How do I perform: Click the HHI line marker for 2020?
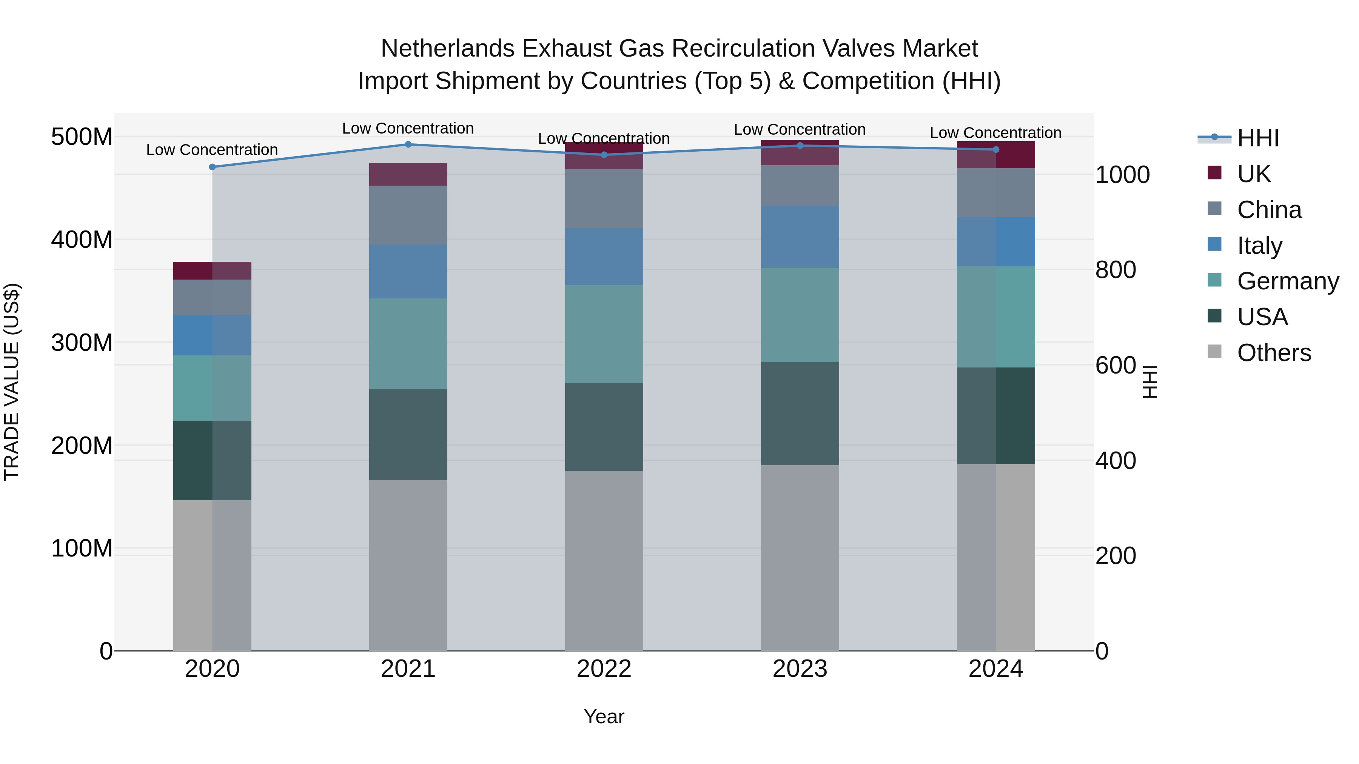pyautogui.click(x=212, y=167)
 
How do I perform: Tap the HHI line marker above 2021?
pyautogui.click(x=408, y=144)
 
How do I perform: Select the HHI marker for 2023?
pyautogui.click(x=800, y=146)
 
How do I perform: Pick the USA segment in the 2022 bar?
pyautogui.click(x=604, y=427)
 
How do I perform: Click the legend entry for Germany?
pyautogui.click(x=1287, y=281)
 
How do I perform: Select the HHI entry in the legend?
pyautogui.click(x=1258, y=138)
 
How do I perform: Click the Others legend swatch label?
pyautogui.click(x=1274, y=353)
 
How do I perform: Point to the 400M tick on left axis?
pyautogui.click(x=82, y=240)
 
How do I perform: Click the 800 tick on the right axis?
pyautogui.click(x=1115, y=270)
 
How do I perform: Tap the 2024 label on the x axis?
pyautogui.click(x=995, y=669)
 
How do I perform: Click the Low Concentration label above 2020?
pyautogui.click(x=212, y=150)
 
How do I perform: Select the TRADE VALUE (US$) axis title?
pyautogui.click(x=12, y=382)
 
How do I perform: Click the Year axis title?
pyautogui.click(x=604, y=716)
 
